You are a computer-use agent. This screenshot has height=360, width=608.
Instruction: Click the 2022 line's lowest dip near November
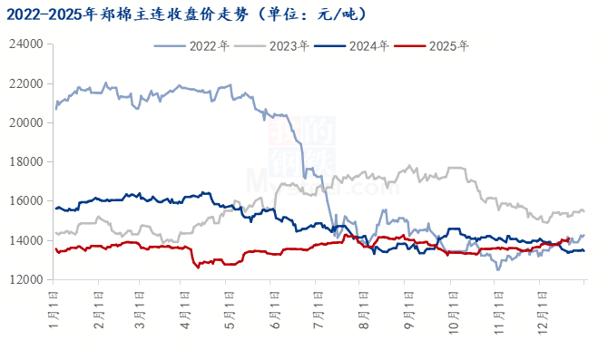[497, 269]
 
